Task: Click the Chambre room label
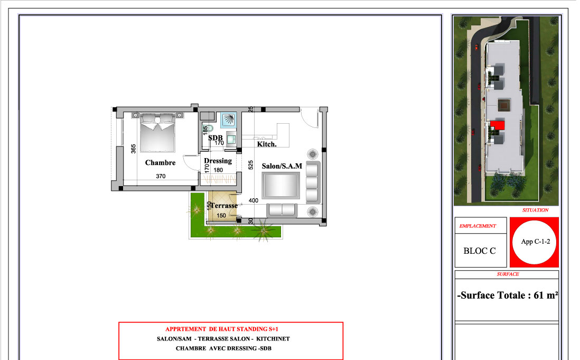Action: tap(160, 163)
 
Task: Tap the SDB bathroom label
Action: tap(216, 137)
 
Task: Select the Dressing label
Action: tap(218, 161)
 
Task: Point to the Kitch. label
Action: tap(267, 144)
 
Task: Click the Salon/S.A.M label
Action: tap(282, 166)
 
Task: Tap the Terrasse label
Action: tap(224, 205)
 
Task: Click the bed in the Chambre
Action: tap(157, 133)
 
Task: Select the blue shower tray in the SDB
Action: tap(229, 120)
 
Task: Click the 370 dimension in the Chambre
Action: tap(161, 176)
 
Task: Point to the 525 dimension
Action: tap(251, 165)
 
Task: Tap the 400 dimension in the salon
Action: tap(254, 200)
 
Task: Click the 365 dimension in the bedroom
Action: tap(134, 149)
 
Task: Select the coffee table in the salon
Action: tap(280, 186)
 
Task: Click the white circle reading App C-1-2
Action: tap(535, 242)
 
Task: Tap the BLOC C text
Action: tap(480, 251)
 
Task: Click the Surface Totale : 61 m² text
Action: tap(508, 296)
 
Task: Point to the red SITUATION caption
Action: tap(535, 210)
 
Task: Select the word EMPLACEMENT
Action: tap(478, 226)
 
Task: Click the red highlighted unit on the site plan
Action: tap(498, 125)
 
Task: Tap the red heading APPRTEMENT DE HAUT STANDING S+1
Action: tap(221, 329)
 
